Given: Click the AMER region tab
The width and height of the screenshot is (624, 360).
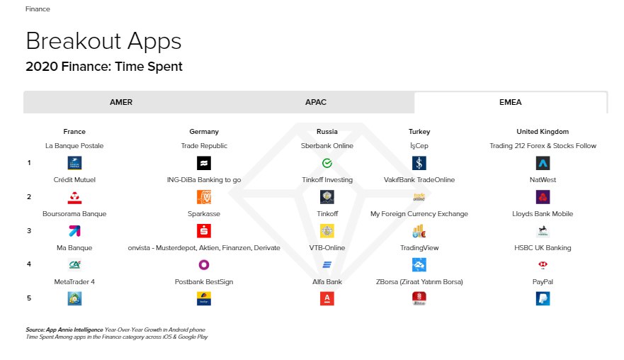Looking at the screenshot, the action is coord(121,102).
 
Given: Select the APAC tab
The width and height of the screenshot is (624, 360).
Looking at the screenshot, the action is coord(316,102).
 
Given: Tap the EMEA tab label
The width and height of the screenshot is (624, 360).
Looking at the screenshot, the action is coord(510,102).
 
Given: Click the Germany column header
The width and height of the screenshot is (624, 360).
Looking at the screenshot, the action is coord(204,131).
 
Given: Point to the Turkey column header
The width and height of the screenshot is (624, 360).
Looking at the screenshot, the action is coord(419,131).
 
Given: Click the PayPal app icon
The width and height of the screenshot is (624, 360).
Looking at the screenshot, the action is coord(543,298).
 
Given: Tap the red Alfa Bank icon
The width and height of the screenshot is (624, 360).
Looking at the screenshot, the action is coord(327,298).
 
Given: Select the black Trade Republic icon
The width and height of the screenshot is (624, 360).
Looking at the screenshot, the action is coord(204,163).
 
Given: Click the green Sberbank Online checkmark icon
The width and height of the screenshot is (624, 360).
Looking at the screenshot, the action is coord(327,163).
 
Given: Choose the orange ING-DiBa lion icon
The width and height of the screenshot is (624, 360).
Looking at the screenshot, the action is coord(204,197).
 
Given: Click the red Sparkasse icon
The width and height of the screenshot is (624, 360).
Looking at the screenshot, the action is coord(204,230).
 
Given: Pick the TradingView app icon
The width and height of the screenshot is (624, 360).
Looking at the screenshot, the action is coord(419,264).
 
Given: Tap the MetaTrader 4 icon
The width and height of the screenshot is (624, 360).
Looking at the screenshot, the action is coord(74,298).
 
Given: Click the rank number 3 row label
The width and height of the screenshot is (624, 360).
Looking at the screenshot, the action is coord(29,230).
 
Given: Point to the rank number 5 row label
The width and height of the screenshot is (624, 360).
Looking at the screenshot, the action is coord(29,298).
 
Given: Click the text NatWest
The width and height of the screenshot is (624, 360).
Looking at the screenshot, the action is coord(543,179).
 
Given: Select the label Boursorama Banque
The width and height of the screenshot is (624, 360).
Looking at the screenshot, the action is coord(74,214).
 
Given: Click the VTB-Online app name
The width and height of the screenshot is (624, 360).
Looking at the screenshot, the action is coord(327,248).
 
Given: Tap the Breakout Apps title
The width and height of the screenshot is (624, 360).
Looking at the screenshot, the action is coord(103,41).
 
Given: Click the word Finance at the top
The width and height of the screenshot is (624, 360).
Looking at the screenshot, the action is coord(38,9).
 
